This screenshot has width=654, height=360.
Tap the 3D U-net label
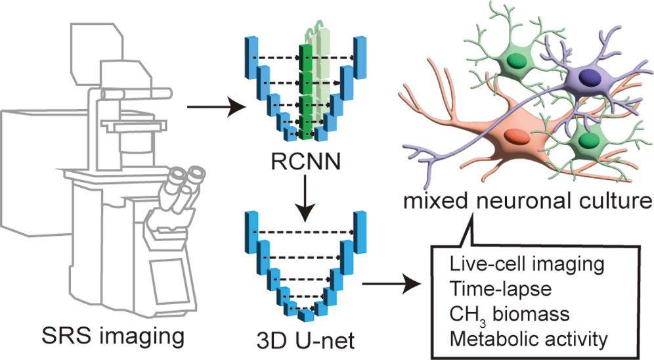coord(305,340)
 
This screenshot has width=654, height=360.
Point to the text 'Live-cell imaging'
coord(527,265)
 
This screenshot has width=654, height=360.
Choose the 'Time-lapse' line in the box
coord(500,288)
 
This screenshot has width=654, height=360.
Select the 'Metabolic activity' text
coord(529,339)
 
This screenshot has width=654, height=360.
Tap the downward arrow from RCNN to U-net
coord(305,198)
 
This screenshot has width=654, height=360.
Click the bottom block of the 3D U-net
coord(306,315)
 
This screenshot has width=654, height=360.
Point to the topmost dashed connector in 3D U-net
coord(305,231)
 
